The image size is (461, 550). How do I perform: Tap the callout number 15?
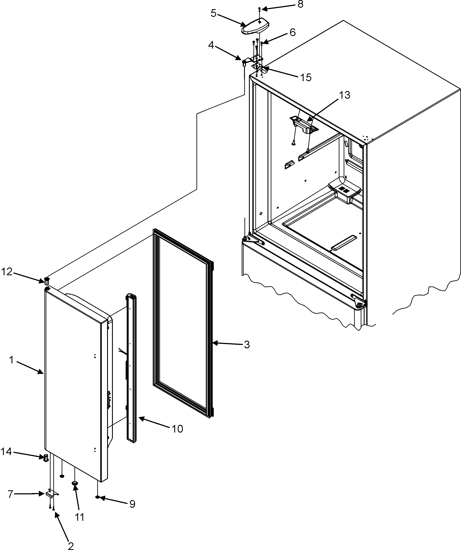pos(305,78)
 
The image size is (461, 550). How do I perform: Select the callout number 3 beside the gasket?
pos(247,345)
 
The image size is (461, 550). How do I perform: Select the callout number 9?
pos(132,504)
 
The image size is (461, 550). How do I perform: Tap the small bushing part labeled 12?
pos(47,281)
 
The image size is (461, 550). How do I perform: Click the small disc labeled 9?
pos(97,497)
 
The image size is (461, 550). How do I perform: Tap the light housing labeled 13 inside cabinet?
pos(304,124)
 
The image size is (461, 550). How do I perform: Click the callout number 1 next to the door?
pos(11,360)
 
